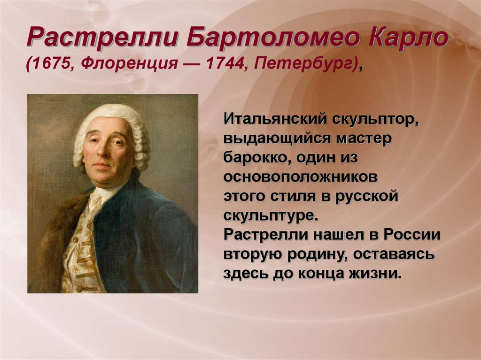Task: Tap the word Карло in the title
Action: tap(409, 38)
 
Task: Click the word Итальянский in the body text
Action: tap(272, 119)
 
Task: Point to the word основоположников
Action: tap(301, 177)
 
